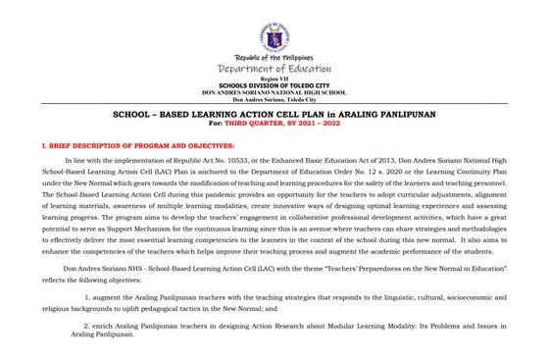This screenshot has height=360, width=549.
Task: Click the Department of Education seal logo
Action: pos(274,37)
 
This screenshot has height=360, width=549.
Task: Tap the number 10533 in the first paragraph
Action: pos(243,158)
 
